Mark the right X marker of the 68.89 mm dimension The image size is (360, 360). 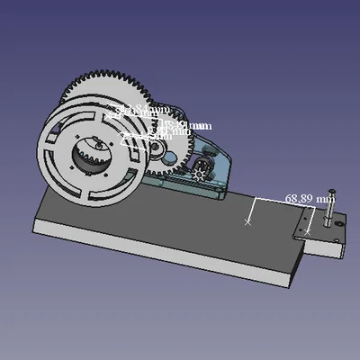308,231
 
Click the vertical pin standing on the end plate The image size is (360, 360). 328,216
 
